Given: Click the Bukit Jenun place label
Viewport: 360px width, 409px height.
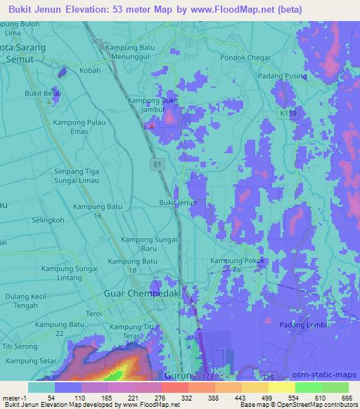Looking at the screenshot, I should pos(176,202).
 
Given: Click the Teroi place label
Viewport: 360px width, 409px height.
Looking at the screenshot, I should pos(75,313).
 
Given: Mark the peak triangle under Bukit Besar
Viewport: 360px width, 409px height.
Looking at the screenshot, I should pos(48,101).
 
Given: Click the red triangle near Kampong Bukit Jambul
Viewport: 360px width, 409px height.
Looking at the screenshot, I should pos(150,126).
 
